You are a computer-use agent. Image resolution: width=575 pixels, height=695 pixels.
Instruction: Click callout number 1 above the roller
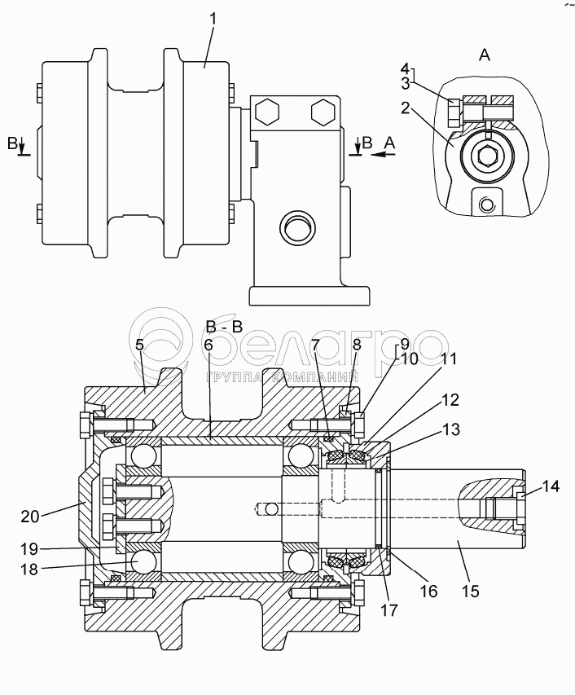(213, 20)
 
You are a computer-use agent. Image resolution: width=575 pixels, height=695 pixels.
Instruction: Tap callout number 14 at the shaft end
(551, 486)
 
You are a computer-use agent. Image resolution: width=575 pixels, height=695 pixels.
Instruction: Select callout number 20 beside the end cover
(30, 517)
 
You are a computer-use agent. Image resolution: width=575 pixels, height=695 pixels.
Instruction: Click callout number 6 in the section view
(208, 345)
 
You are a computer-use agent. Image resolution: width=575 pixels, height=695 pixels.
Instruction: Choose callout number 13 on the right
(451, 429)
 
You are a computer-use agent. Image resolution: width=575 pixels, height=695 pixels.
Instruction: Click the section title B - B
(225, 327)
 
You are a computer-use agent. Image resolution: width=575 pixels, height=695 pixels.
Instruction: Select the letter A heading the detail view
(485, 55)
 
